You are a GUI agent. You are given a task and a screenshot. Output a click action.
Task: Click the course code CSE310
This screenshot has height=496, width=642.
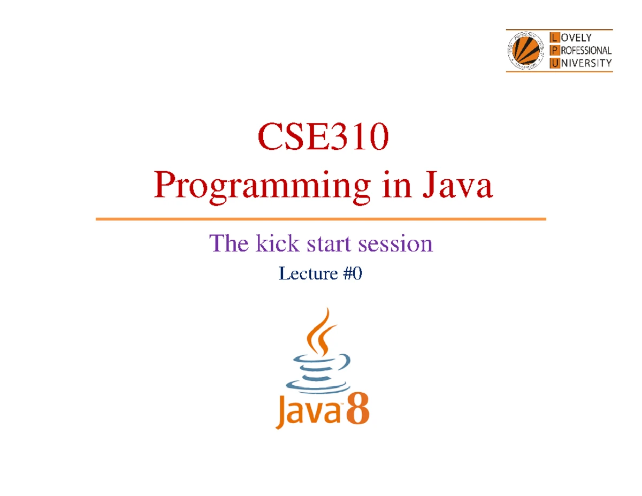[323, 137]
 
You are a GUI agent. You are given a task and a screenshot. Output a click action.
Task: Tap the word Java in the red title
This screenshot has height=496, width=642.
[457, 185]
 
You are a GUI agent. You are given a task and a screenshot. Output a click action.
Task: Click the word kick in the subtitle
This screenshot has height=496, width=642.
[278, 243]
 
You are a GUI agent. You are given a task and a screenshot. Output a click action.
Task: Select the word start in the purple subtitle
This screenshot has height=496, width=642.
[328, 244]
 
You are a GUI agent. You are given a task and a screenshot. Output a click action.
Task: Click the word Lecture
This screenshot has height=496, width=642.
[308, 273]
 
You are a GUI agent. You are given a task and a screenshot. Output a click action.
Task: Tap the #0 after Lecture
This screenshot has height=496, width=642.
[353, 273]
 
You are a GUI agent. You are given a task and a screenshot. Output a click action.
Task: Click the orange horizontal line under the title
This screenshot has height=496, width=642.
[320, 219]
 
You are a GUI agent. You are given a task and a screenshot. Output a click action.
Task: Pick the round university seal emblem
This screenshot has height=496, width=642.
[525, 50]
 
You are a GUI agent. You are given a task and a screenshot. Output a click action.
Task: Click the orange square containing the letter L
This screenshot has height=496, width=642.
[555, 37]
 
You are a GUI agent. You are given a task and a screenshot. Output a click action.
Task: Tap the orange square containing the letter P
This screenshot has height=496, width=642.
[555, 50]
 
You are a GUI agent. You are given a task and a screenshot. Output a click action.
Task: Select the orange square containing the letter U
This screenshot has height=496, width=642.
[555, 63]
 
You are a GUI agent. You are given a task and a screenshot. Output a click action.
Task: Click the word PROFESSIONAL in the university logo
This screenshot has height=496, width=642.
[586, 51]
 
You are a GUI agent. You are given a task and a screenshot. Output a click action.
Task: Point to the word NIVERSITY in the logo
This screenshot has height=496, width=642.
[586, 63]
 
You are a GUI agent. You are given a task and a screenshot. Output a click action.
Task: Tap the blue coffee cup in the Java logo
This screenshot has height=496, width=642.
[318, 373]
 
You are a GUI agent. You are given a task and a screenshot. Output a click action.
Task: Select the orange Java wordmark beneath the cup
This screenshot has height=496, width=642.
[308, 411]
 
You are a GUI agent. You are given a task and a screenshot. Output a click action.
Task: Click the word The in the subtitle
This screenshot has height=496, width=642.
[228, 243]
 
